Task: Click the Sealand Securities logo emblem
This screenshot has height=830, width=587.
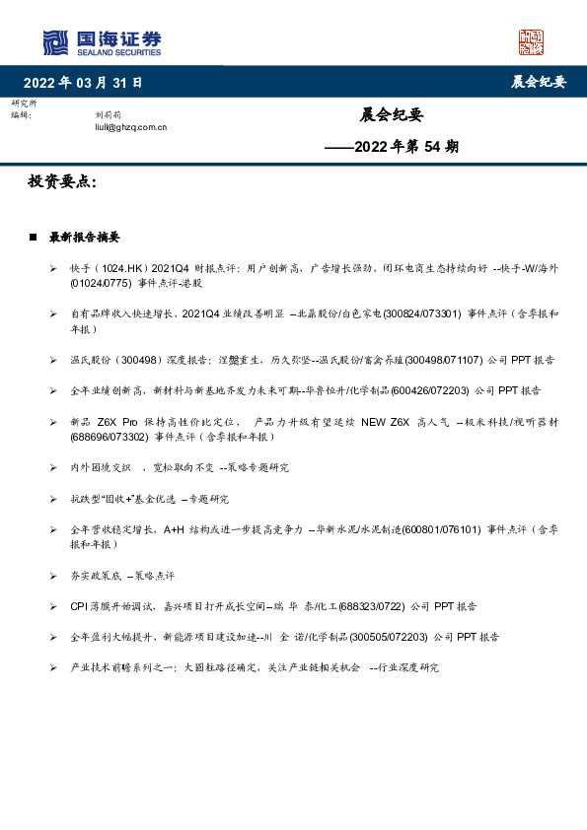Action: click(57, 42)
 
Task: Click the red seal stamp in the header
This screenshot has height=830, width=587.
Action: click(532, 42)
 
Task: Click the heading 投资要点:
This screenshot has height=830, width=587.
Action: click(63, 183)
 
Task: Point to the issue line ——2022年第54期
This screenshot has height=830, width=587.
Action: click(392, 147)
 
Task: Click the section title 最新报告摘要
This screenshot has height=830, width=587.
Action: click(85, 238)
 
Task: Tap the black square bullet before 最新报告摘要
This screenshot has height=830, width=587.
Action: click(34, 238)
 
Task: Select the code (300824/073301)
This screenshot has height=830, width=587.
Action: click(420, 313)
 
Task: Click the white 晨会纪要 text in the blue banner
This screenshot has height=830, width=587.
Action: click(538, 82)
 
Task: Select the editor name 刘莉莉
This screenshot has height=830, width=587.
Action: click(108, 115)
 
